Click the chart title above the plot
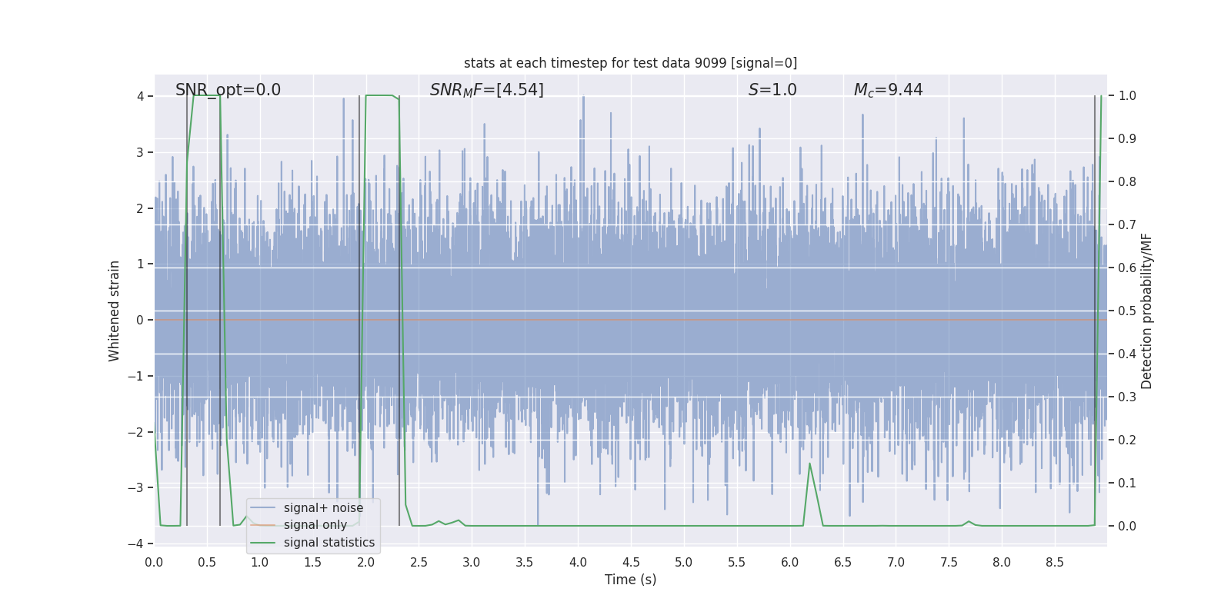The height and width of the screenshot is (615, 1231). click(x=630, y=63)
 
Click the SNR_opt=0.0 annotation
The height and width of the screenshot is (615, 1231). click(x=228, y=90)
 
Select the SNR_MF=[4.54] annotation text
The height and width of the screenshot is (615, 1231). click(x=486, y=90)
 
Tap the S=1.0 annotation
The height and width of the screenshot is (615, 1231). click(x=772, y=90)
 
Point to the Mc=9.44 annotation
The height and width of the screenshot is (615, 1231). click(x=888, y=90)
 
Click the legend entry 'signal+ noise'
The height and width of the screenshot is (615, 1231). click(x=323, y=508)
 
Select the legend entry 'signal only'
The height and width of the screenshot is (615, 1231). click(x=315, y=525)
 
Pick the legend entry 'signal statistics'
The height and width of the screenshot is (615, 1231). click(x=329, y=543)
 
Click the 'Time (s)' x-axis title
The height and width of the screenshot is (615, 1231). click(x=630, y=580)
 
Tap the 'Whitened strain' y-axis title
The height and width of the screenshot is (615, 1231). click(x=115, y=311)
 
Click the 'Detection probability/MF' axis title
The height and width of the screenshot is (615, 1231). click(x=1146, y=311)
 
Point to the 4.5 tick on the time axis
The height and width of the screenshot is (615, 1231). click(x=631, y=562)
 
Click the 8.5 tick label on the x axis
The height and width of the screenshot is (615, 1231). click(x=1055, y=562)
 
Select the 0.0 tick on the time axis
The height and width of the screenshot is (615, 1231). click(x=154, y=562)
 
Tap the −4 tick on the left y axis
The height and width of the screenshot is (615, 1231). click(x=135, y=544)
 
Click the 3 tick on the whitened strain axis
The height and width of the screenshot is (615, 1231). click(x=140, y=152)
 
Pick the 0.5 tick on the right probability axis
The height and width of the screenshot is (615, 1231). click(x=1126, y=311)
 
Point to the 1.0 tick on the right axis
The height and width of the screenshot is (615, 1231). click(x=1126, y=96)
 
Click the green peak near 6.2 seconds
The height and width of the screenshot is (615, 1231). click(x=809, y=464)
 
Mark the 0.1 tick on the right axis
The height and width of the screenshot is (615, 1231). click(x=1126, y=483)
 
